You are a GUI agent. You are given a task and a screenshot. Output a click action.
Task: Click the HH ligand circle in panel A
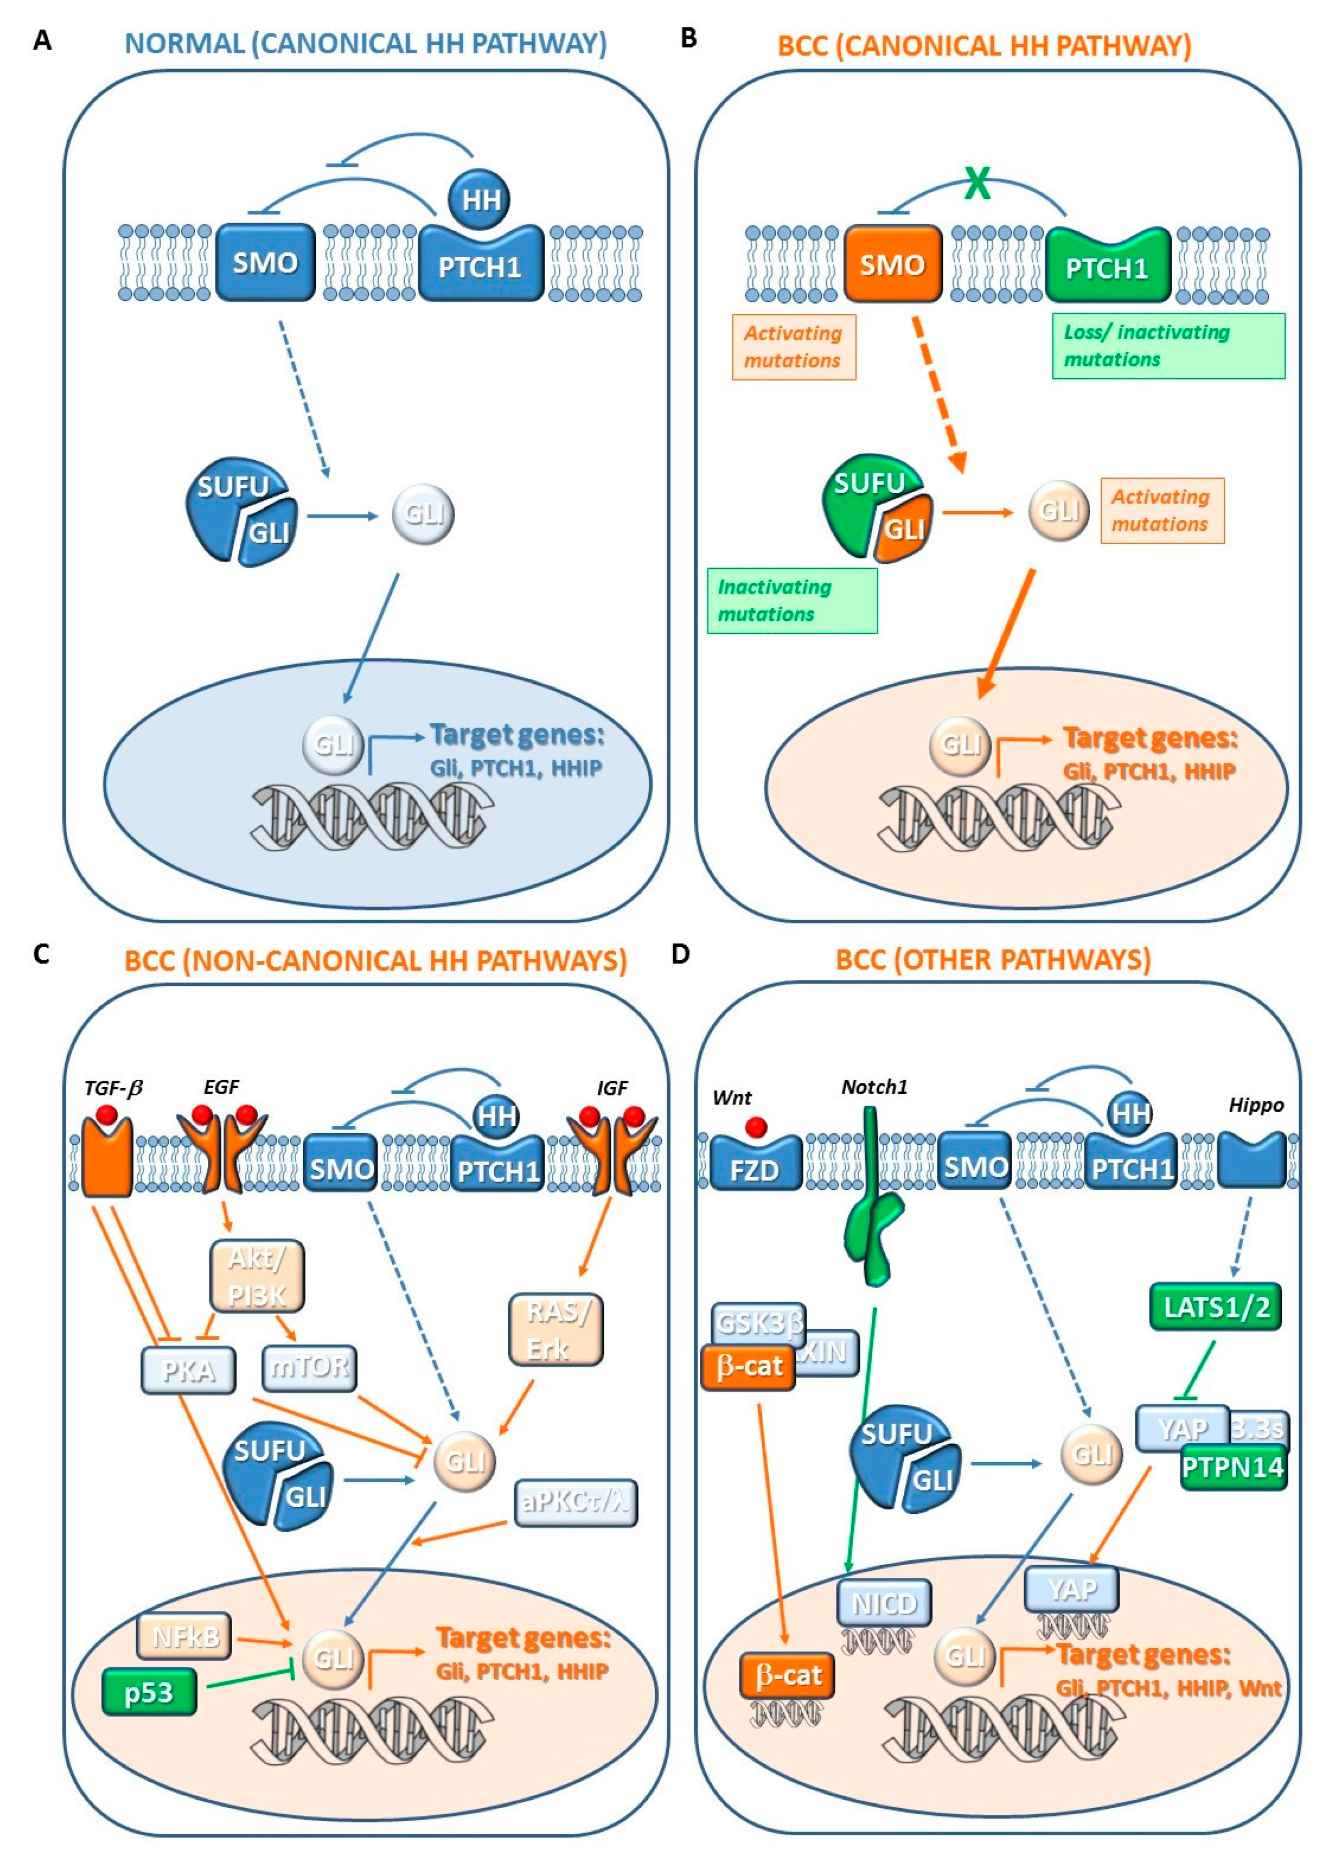click(x=480, y=199)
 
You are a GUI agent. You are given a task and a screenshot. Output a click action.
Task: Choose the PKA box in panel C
click(x=188, y=1370)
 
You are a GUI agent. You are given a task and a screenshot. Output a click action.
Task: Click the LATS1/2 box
click(x=1215, y=1307)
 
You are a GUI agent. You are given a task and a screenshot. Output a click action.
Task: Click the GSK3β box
click(x=757, y=1324)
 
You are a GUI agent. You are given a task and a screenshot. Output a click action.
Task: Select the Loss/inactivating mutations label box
click(x=1167, y=346)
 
